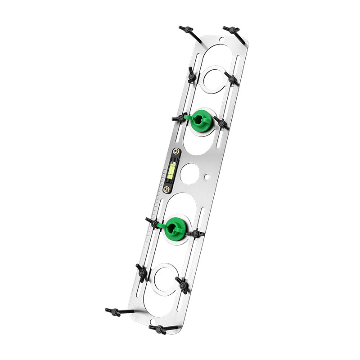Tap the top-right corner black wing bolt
coord(231,30)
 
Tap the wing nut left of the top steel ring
coord(192,75)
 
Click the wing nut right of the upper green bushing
coord(221,122)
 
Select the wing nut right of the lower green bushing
coord(195,234)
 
